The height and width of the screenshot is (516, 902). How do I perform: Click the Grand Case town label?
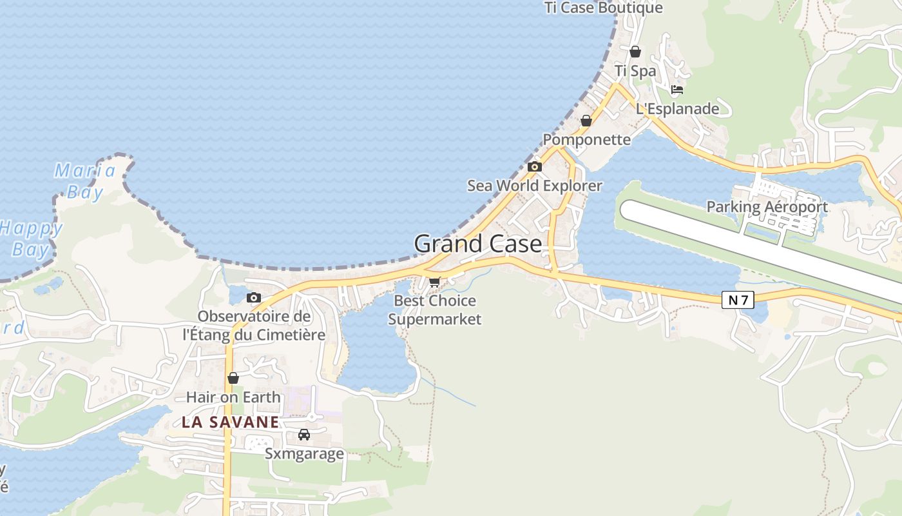[477, 244]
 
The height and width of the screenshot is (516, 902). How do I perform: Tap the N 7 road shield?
[738, 299]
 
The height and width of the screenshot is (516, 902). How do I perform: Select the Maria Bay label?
[85, 181]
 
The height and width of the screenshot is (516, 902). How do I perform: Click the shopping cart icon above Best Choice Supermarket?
[435, 282]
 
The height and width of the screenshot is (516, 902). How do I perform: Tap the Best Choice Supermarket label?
[435, 310]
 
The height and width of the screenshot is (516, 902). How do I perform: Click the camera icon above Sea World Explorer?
[534, 167]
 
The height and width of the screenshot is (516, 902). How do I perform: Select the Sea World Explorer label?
[535, 186]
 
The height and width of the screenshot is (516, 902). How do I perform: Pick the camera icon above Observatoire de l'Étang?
[254, 297]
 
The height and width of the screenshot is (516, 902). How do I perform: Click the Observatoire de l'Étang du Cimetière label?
[254, 326]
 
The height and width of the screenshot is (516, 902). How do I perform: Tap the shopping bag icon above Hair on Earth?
[233, 378]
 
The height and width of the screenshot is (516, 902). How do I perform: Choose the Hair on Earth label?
[233, 397]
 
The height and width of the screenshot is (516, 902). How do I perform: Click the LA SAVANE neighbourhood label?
[231, 422]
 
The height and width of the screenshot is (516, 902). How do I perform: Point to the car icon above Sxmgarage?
[304, 435]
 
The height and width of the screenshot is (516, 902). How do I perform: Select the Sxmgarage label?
[304, 453]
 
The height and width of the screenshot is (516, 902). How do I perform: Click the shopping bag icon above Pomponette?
[586, 121]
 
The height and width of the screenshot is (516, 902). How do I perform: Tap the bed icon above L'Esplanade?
[677, 90]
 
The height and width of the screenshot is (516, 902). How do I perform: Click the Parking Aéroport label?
[767, 207]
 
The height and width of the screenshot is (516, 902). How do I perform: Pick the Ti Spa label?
[635, 71]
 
